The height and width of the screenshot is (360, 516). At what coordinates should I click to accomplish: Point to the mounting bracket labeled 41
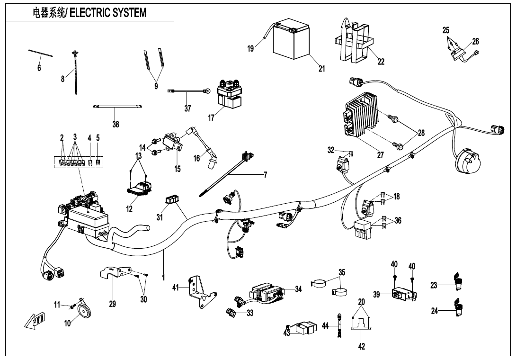tap(199, 291)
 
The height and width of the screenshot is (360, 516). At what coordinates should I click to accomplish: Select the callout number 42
tap(362, 346)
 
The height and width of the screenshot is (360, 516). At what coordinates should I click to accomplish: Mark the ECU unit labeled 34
tap(268, 292)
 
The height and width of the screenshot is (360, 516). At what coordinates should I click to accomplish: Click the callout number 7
tap(266, 175)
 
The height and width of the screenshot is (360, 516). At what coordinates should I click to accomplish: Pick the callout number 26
tap(475, 41)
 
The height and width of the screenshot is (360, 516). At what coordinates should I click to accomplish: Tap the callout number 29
tap(113, 304)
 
